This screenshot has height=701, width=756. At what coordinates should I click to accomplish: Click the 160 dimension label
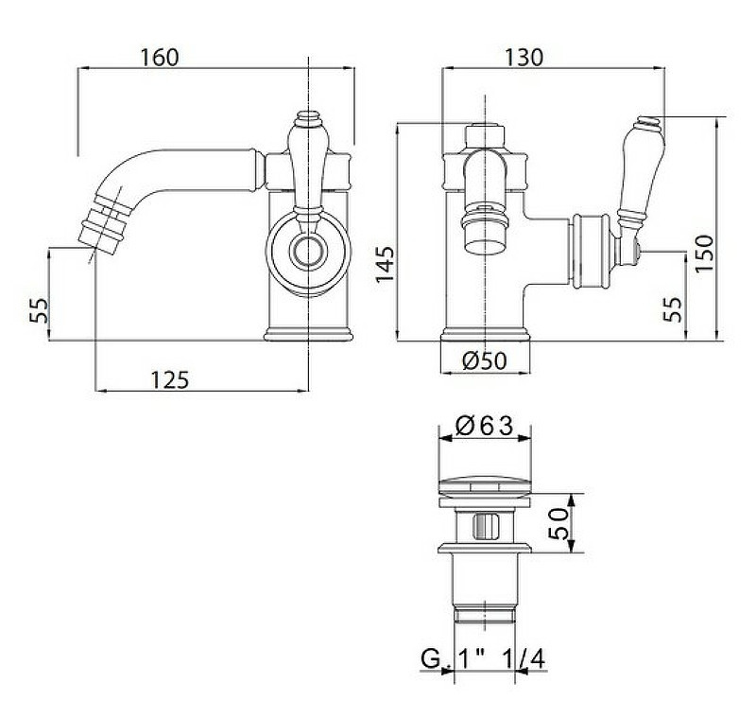(160, 57)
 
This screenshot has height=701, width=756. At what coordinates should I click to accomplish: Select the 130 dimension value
(524, 57)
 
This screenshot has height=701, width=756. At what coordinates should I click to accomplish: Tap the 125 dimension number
(171, 379)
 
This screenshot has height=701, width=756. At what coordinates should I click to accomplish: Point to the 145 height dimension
(386, 265)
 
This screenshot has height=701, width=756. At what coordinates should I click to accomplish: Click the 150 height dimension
(704, 253)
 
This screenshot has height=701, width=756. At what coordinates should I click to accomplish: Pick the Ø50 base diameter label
(485, 360)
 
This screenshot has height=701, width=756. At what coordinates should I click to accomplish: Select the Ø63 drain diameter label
(484, 426)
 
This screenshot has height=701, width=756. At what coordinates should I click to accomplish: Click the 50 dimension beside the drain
(558, 523)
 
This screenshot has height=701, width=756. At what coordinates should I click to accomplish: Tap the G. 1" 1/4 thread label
(484, 658)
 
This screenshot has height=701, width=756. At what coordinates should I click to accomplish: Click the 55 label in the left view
(40, 310)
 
